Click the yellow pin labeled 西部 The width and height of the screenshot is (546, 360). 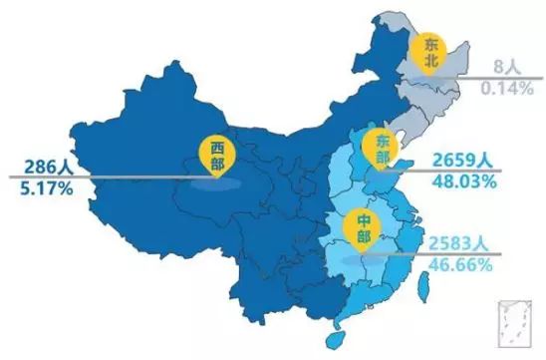pyautogui.click(x=217, y=156)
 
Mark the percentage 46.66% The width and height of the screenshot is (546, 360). pyautogui.click(x=459, y=266)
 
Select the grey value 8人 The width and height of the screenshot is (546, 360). pyautogui.click(x=509, y=67)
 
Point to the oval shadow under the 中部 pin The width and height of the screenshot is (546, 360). pyautogui.click(x=359, y=258)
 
